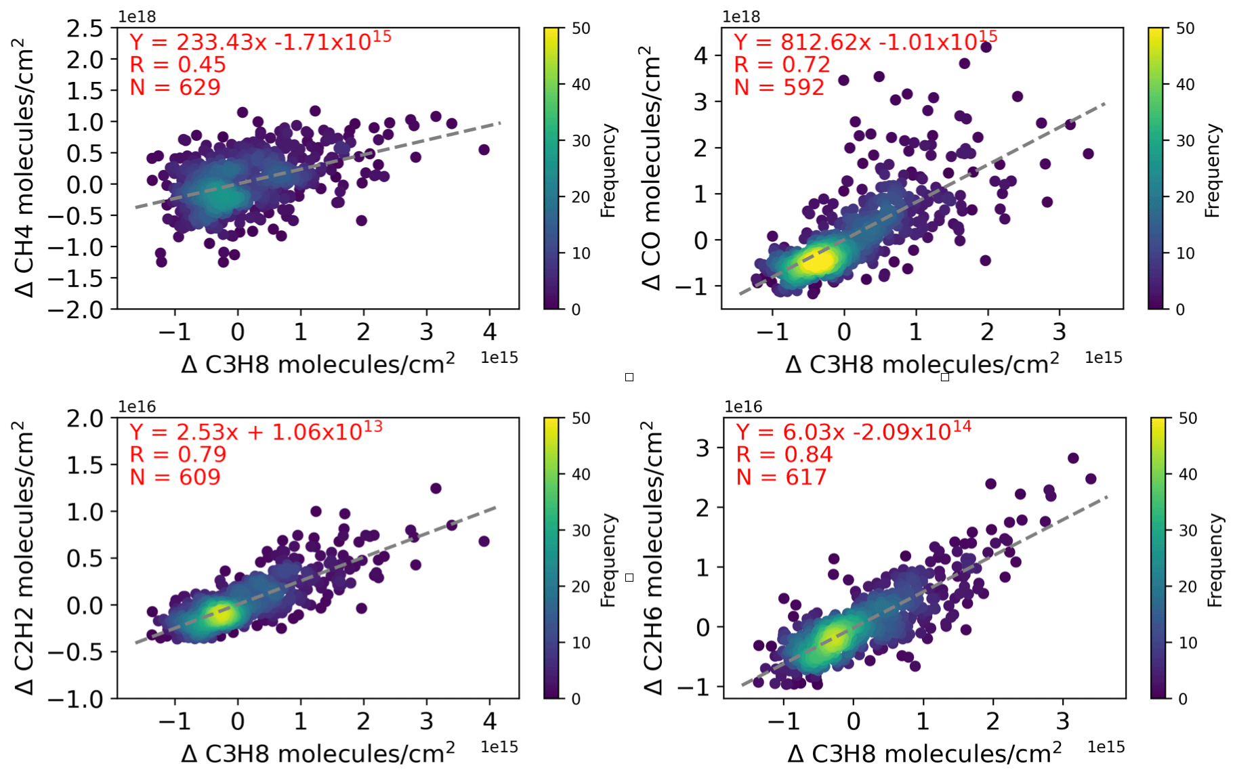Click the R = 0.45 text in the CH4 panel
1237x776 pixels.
pos(177,65)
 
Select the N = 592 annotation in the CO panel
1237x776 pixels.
pos(779,87)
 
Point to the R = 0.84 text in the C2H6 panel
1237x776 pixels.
pos(784,454)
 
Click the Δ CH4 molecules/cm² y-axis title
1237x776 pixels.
pos(24,168)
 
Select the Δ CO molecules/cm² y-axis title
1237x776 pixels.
pos(651,168)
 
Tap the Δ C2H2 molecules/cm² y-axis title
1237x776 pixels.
pos(24,557)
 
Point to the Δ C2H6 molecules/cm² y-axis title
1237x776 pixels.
pos(652,557)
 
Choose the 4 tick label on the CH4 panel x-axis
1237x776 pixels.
pos(489,332)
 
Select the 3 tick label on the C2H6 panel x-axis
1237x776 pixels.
pos(1062,721)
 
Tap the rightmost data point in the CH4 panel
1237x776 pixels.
pos(484,150)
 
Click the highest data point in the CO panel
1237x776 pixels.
pos(986,47)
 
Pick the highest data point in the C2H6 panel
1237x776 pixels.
pos(1073,458)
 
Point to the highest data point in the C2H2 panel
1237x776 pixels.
pos(436,488)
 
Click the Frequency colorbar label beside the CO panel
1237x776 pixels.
pos(1212,170)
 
